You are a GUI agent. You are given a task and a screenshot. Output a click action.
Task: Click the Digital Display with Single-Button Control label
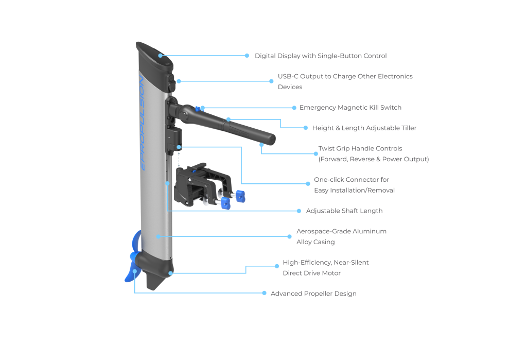pos(321,56)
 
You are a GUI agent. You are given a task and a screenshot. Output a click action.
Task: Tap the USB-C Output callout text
pos(345,81)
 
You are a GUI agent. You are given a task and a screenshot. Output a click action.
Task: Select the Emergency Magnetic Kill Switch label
pos(350,108)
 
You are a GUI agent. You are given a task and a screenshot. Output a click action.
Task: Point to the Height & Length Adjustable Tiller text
pos(364,128)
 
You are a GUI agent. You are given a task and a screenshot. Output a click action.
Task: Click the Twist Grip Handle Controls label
pos(373,154)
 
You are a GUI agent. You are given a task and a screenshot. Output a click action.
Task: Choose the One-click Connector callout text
pos(354,185)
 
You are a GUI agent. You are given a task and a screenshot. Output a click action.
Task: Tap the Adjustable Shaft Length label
pos(344,211)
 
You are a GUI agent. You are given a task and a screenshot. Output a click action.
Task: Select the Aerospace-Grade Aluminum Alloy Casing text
pos(341,236)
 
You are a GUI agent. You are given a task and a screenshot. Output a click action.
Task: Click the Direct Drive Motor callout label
pos(325,268)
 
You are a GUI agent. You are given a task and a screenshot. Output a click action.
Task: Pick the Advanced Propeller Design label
pos(313,294)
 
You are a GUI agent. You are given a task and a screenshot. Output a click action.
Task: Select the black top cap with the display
pos(154,57)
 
